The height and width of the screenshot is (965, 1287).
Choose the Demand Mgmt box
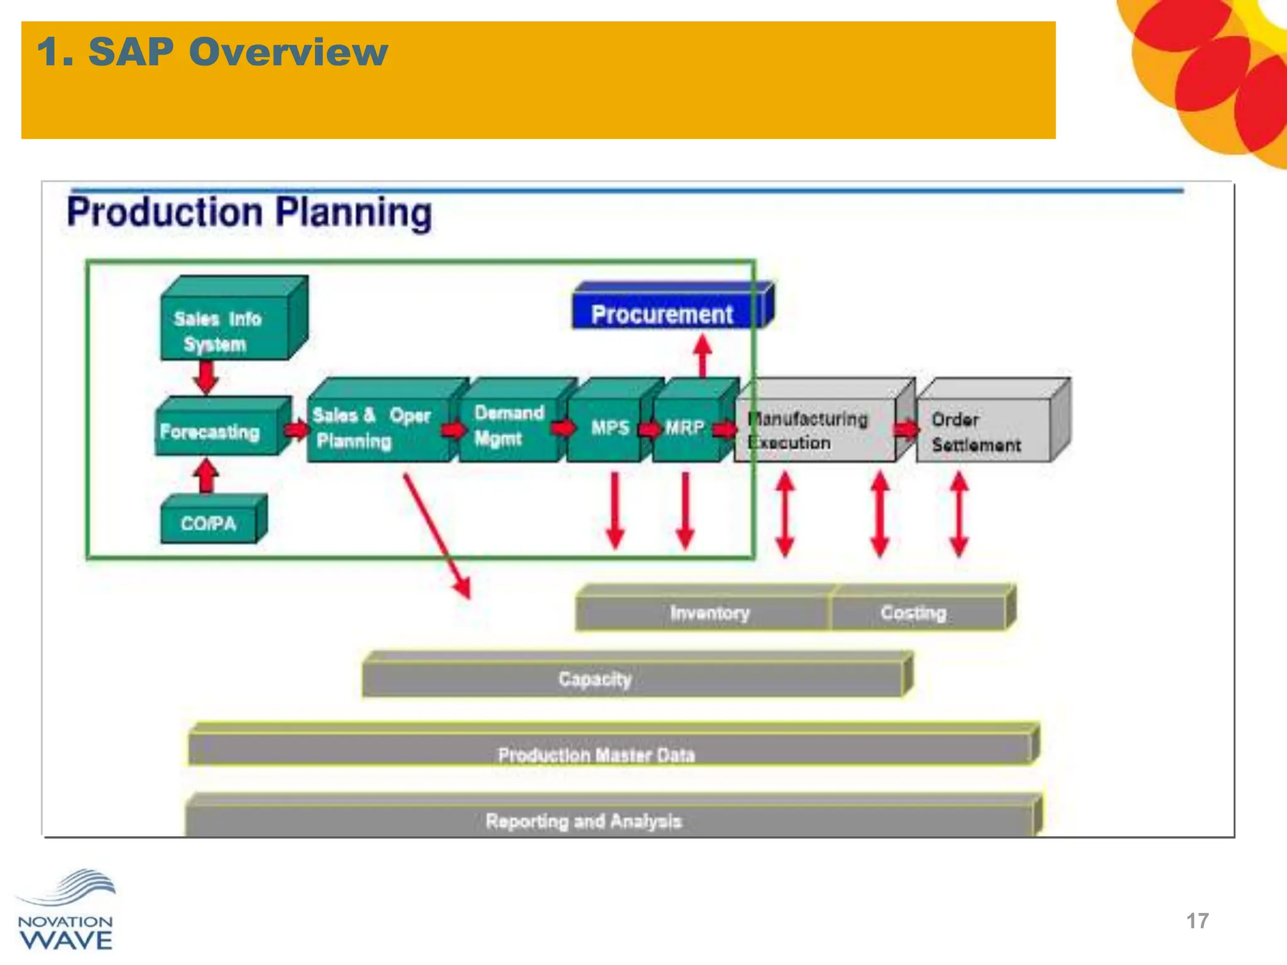coord(509,426)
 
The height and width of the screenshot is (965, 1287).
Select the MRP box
coord(686,427)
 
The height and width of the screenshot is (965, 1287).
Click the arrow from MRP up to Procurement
coord(703,354)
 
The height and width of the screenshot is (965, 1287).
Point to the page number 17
coord(1197,921)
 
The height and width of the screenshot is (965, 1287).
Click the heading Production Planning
coord(249,212)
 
